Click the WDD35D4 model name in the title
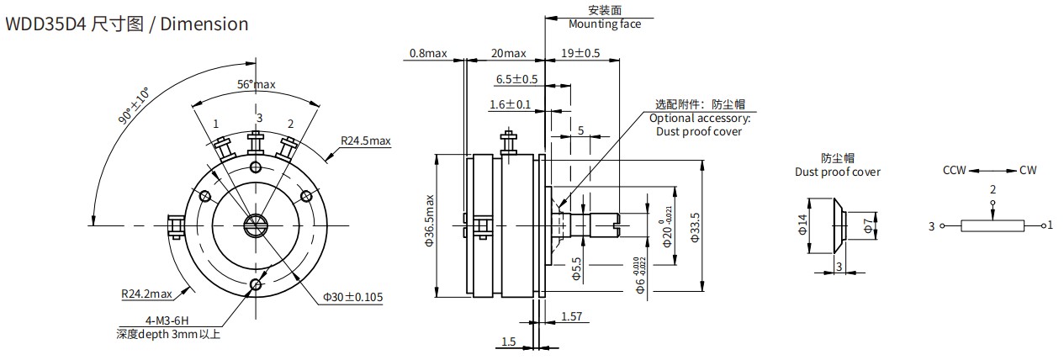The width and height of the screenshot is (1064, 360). (45, 24)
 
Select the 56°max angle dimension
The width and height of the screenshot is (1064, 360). (256, 85)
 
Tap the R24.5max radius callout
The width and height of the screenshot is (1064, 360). (366, 140)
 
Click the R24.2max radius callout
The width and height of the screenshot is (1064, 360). (147, 294)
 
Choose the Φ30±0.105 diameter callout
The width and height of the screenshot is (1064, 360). (353, 297)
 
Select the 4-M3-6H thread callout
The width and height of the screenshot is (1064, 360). (167, 321)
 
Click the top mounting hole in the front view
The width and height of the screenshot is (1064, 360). (256, 167)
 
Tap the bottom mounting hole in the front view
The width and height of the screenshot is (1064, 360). (256, 284)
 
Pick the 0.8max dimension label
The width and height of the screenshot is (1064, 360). (428, 53)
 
